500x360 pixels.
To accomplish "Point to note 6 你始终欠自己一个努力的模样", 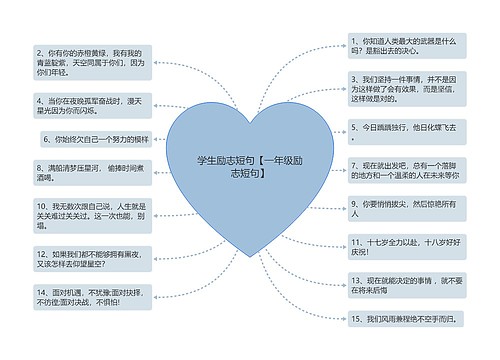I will click(x=97, y=140).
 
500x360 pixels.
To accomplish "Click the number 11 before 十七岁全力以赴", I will click(x=356, y=241).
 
